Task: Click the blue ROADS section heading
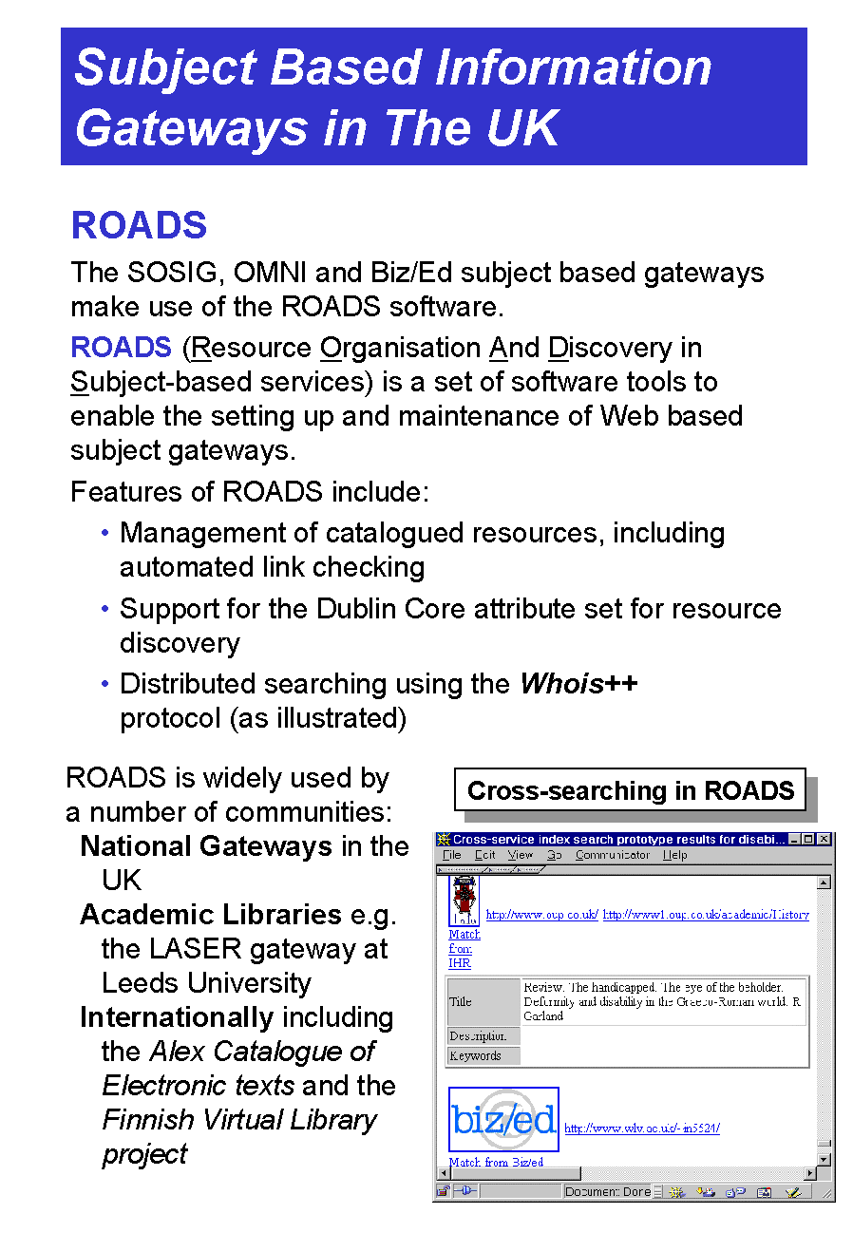click(x=139, y=226)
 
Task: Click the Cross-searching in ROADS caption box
click(x=630, y=790)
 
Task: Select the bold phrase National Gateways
click(x=206, y=846)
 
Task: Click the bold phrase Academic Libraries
click(x=211, y=915)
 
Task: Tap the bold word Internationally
click(x=177, y=1017)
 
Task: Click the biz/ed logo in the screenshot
click(x=503, y=1120)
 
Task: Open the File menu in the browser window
click(x=452, y=855)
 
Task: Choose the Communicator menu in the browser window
click(x=612, y=855)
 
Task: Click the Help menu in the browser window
click(x=674, y=855)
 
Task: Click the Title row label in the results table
click(x=461, y=1001)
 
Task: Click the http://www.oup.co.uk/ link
click(x=541, y=915)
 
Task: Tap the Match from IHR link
click(x=463, y=949)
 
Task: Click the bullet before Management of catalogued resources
click(x=105, y=533)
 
